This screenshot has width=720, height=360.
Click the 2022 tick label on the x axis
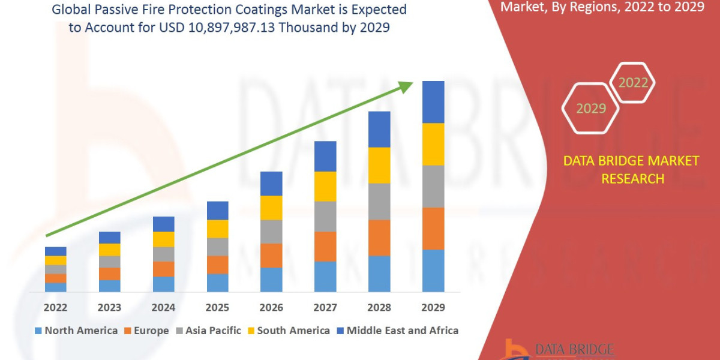tap(55, 308)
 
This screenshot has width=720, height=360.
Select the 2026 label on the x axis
tap(271, 308)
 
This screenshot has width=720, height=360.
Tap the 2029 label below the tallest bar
tap(433, 308)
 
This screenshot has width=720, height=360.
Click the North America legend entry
tap(76, 331)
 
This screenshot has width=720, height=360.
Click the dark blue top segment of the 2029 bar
tap(433, 102)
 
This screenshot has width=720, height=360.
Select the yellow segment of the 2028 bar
tap(379, 165)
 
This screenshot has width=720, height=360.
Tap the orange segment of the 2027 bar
tap(325, 246)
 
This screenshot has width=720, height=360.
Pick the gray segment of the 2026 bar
tap(271, 232)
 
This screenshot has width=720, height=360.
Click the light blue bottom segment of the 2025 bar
tap(217, 283)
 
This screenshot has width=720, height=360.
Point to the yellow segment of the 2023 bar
tap(109, 250)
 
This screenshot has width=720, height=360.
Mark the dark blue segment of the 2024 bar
tap(163, 224)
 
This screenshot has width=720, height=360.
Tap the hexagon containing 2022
tap(632, 83)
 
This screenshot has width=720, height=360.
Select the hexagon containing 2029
tap(591, 109)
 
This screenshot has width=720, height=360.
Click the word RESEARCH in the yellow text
tap(632, 178)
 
